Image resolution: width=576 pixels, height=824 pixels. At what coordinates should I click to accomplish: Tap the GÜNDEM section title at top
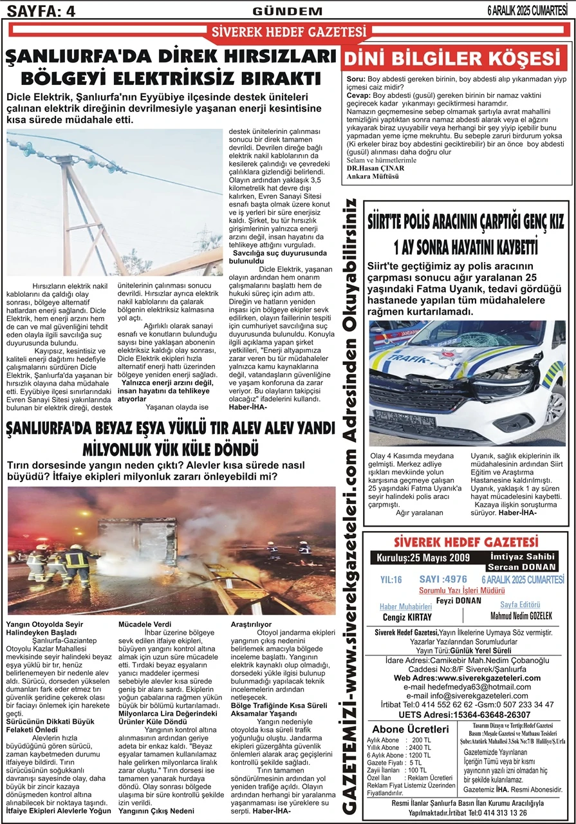coord(288,11)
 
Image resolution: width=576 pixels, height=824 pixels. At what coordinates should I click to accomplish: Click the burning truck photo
coord(172,550)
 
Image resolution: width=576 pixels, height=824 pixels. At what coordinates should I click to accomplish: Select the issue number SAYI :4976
coord(443,579)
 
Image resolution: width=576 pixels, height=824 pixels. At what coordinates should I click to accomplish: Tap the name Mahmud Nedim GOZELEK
coord(521,616)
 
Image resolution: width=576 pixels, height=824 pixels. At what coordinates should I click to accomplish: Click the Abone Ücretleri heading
coord(411,729)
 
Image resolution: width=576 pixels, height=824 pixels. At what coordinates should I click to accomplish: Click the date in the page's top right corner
coord(531,10)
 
